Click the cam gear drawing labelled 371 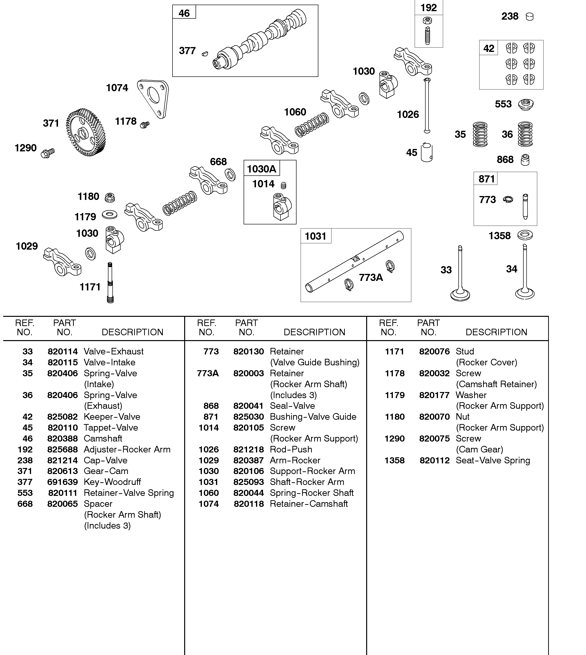click(85, 133)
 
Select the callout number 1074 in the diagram click(117, 88)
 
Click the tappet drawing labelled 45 click(427, 153)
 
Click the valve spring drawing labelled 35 click(480, 134)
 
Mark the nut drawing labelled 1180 click(110, 197)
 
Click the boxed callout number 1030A click(261, 169)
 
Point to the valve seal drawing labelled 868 click(525, 160)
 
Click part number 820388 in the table click(62, 438)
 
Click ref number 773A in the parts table click(208, 373)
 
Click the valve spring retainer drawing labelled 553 click(526, 105)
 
